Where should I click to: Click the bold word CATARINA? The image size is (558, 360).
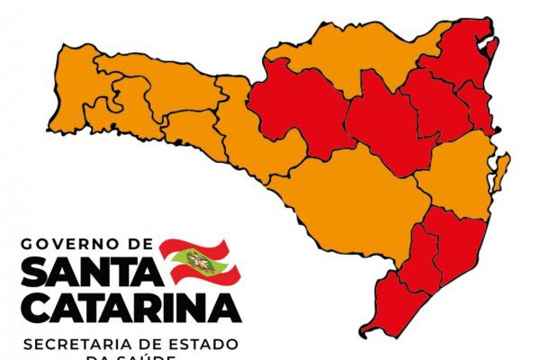click(130, 307)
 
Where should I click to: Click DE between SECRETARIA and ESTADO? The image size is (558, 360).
click(155, 345)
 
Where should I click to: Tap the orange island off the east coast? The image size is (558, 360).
click(502, 167)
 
